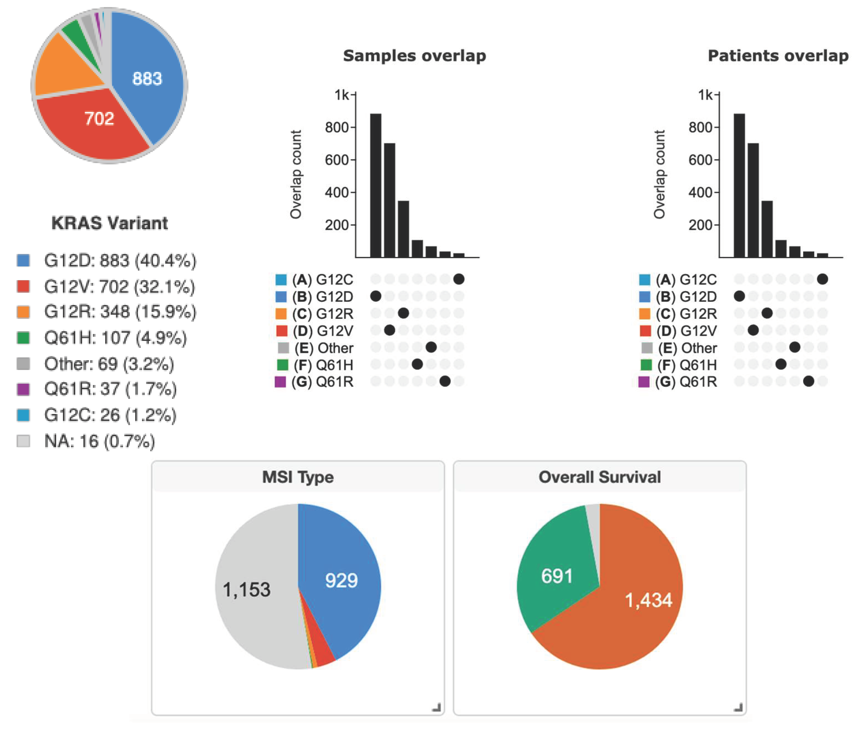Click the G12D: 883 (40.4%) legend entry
pos(120,260)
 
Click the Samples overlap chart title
pos(414,56)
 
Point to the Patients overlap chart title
pos(778,56)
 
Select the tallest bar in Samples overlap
pos(376,185)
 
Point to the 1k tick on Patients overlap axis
pos(705,95)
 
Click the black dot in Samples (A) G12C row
pos(459,279)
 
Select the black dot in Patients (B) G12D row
pos(739,296)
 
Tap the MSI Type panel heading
pos(298,477)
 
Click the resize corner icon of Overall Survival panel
pos(738,707)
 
